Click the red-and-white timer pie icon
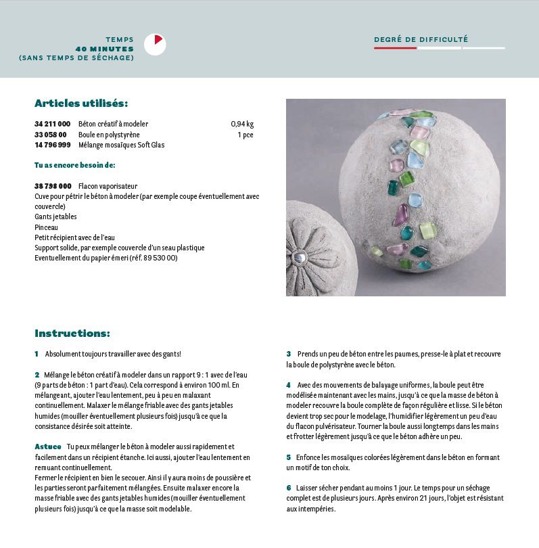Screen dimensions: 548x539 click(155, 45)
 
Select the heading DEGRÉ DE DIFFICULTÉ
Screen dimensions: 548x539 click(421, 39)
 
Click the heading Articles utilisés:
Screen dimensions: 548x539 click(81, 104)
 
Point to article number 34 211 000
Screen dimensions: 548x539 click(52, 124)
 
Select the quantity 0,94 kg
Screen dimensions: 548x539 click(241, 124)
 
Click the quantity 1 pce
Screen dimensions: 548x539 click(245, 135)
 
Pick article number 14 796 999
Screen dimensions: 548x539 click(52, 145)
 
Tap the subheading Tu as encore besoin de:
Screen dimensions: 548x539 click(74, 165)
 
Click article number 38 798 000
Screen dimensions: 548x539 click(53, 186)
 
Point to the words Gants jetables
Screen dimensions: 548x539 click(55, 217)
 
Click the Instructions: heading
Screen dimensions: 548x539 click(72, 334)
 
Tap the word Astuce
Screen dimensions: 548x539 click(47, 447)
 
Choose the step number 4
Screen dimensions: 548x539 click(288, 385)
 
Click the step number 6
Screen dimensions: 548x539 click(288, 488)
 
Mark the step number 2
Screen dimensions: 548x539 click(37, 375)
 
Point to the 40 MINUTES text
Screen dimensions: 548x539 click(104, 49)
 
